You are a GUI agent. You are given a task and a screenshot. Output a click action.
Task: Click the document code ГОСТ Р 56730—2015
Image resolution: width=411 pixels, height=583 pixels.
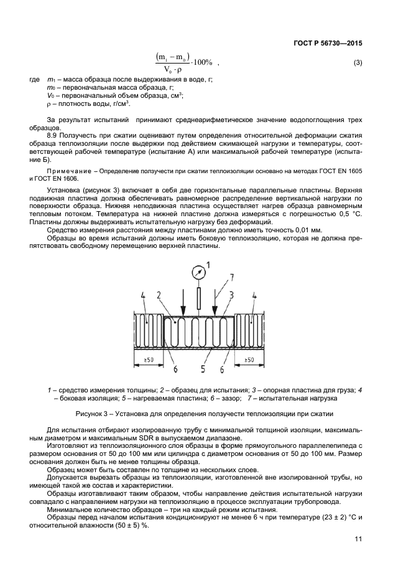327,44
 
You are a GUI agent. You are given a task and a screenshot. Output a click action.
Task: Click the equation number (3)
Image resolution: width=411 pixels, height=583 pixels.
358,63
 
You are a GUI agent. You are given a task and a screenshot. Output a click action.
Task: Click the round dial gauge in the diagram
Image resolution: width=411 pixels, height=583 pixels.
198,272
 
